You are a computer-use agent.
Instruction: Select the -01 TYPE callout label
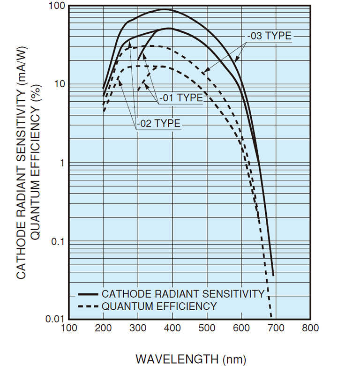(181, 98)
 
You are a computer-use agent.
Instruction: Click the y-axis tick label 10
(60, 85)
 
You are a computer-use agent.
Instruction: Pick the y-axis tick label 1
(63, 163)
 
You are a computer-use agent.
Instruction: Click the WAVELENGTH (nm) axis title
(190, 359)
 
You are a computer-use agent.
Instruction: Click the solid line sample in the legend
(88, 294)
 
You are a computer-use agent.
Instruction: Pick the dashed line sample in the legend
(88, 306)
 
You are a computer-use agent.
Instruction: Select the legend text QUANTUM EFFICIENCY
(159, 306)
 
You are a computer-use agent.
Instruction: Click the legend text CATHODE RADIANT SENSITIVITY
(183, 294)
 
